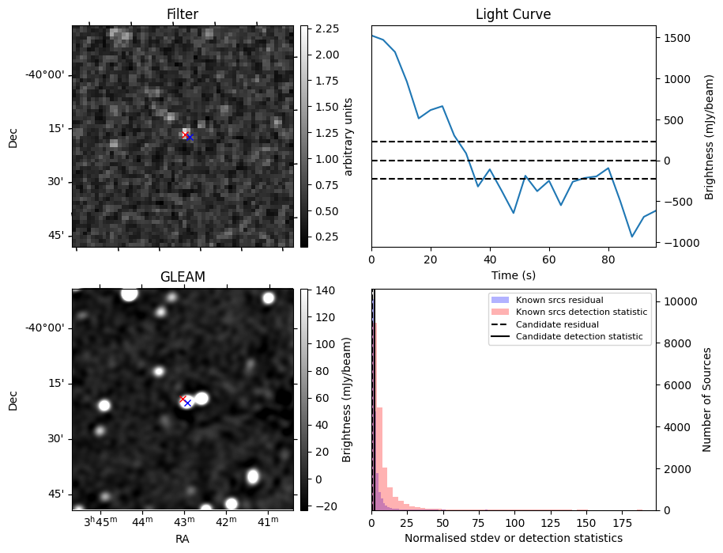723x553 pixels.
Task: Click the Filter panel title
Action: [x=182, y=15]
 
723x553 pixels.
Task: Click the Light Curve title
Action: [x=513, y=15]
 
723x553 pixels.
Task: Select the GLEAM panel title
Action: [x=182, y=277]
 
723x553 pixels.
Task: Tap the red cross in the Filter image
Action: [x=185, y=135]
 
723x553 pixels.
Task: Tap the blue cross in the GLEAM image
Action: [x=188, y=403]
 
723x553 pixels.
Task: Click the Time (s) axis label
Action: [x=513, y=274]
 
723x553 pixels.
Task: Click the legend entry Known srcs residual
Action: [x=559, y=300]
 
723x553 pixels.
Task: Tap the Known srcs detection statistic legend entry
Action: [x=582, y=312]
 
